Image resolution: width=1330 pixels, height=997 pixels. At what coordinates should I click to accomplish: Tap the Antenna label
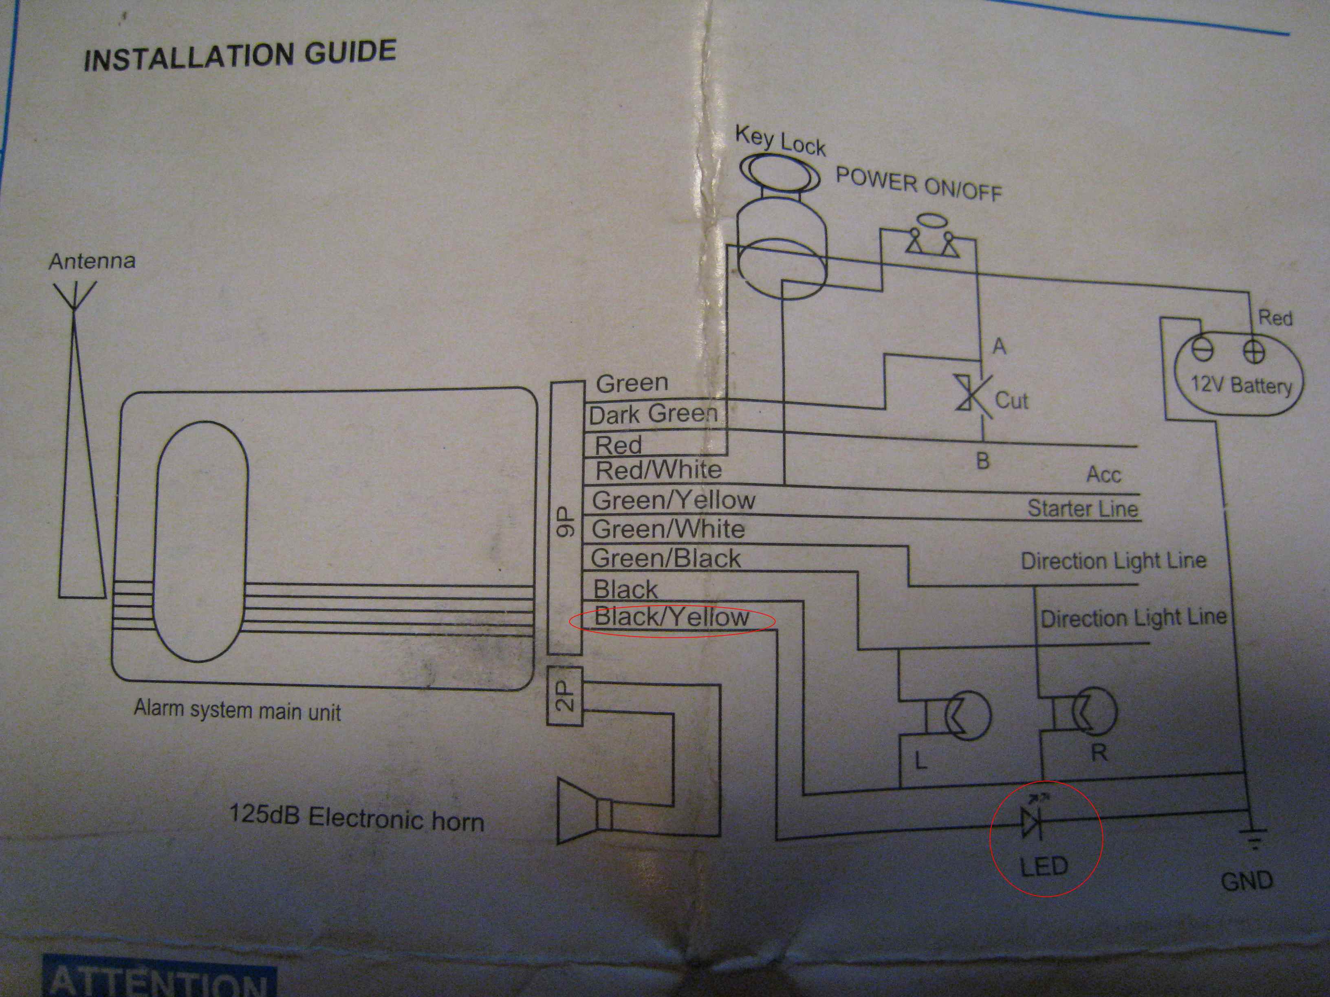tap(92, 261)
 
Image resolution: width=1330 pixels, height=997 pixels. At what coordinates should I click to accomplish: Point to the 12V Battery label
tap(1242, 384)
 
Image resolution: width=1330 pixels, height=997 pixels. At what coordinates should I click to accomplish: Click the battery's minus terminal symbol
tap(1202, 350)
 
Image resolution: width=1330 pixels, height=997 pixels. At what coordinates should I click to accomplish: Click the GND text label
tap(1247, 881)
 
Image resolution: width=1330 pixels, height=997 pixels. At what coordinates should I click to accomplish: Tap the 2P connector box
tap(565, 696)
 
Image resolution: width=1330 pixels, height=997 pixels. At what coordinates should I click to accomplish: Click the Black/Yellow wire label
tap(672, 617)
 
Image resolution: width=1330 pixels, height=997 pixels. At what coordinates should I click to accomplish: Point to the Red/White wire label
tap(658, 470)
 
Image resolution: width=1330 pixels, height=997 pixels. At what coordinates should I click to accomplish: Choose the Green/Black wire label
tap(665, 558)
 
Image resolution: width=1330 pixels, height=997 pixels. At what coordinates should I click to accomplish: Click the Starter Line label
tap(1082, 508)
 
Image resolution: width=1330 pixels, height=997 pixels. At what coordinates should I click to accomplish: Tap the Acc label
tap(1103, 475)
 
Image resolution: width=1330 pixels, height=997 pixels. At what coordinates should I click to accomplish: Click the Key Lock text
tap(780, 142)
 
